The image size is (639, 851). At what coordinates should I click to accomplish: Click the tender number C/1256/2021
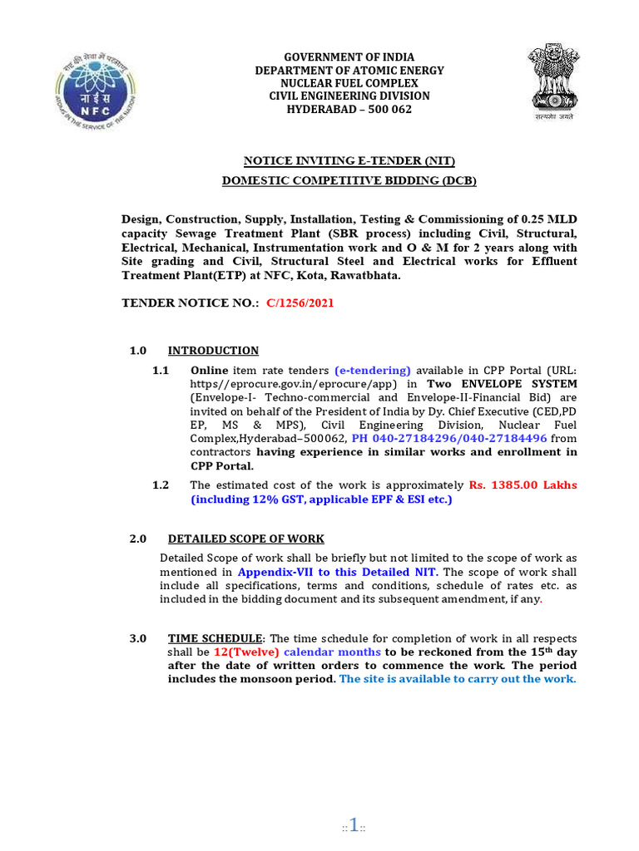tap(300, 303)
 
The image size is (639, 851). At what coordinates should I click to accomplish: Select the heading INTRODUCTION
tap(213, 351)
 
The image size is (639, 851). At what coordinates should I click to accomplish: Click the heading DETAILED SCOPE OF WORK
tap(246, 539)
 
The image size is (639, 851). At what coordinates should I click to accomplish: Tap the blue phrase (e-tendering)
tap(373, 371)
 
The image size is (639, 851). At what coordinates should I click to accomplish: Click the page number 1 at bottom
tap(354, 826)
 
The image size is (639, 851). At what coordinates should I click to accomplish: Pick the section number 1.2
tap(161, 485)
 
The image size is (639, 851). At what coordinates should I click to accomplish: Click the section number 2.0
tap(138, 539)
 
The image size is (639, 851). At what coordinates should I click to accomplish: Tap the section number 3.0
tap(138, 639)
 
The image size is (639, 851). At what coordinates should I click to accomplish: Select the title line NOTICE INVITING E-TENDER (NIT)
tap(349, 161)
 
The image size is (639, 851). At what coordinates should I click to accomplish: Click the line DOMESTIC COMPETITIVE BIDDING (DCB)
tap(349, 180)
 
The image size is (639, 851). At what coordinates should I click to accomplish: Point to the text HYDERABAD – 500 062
tap(349, 109)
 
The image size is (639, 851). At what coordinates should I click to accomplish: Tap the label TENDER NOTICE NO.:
tap(191, 303)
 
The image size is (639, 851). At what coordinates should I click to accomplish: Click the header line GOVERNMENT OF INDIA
tap(349, 57)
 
